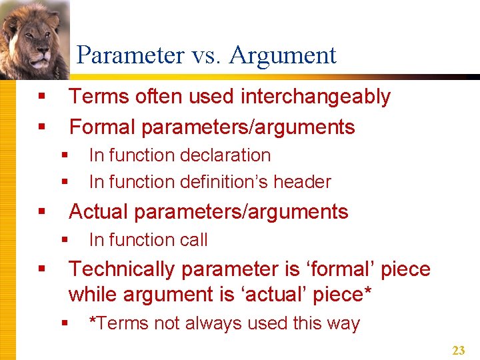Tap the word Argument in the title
tap(283, 55)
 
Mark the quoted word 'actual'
tap(300, 293)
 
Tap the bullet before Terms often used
tap(42, 97)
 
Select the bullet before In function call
tap(65, 239)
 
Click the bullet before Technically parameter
tap(42, 269)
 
